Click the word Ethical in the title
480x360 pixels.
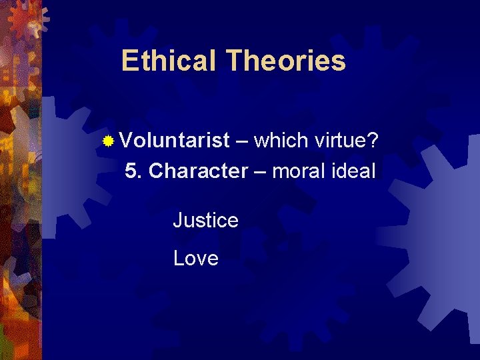170,61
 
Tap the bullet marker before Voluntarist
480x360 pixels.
109,141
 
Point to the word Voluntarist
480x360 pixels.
175,141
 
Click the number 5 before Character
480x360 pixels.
131,171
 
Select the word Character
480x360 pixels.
198,171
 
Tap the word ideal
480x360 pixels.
357,171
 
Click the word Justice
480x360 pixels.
205,219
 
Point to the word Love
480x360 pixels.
195,258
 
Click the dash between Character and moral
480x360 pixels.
260,173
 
